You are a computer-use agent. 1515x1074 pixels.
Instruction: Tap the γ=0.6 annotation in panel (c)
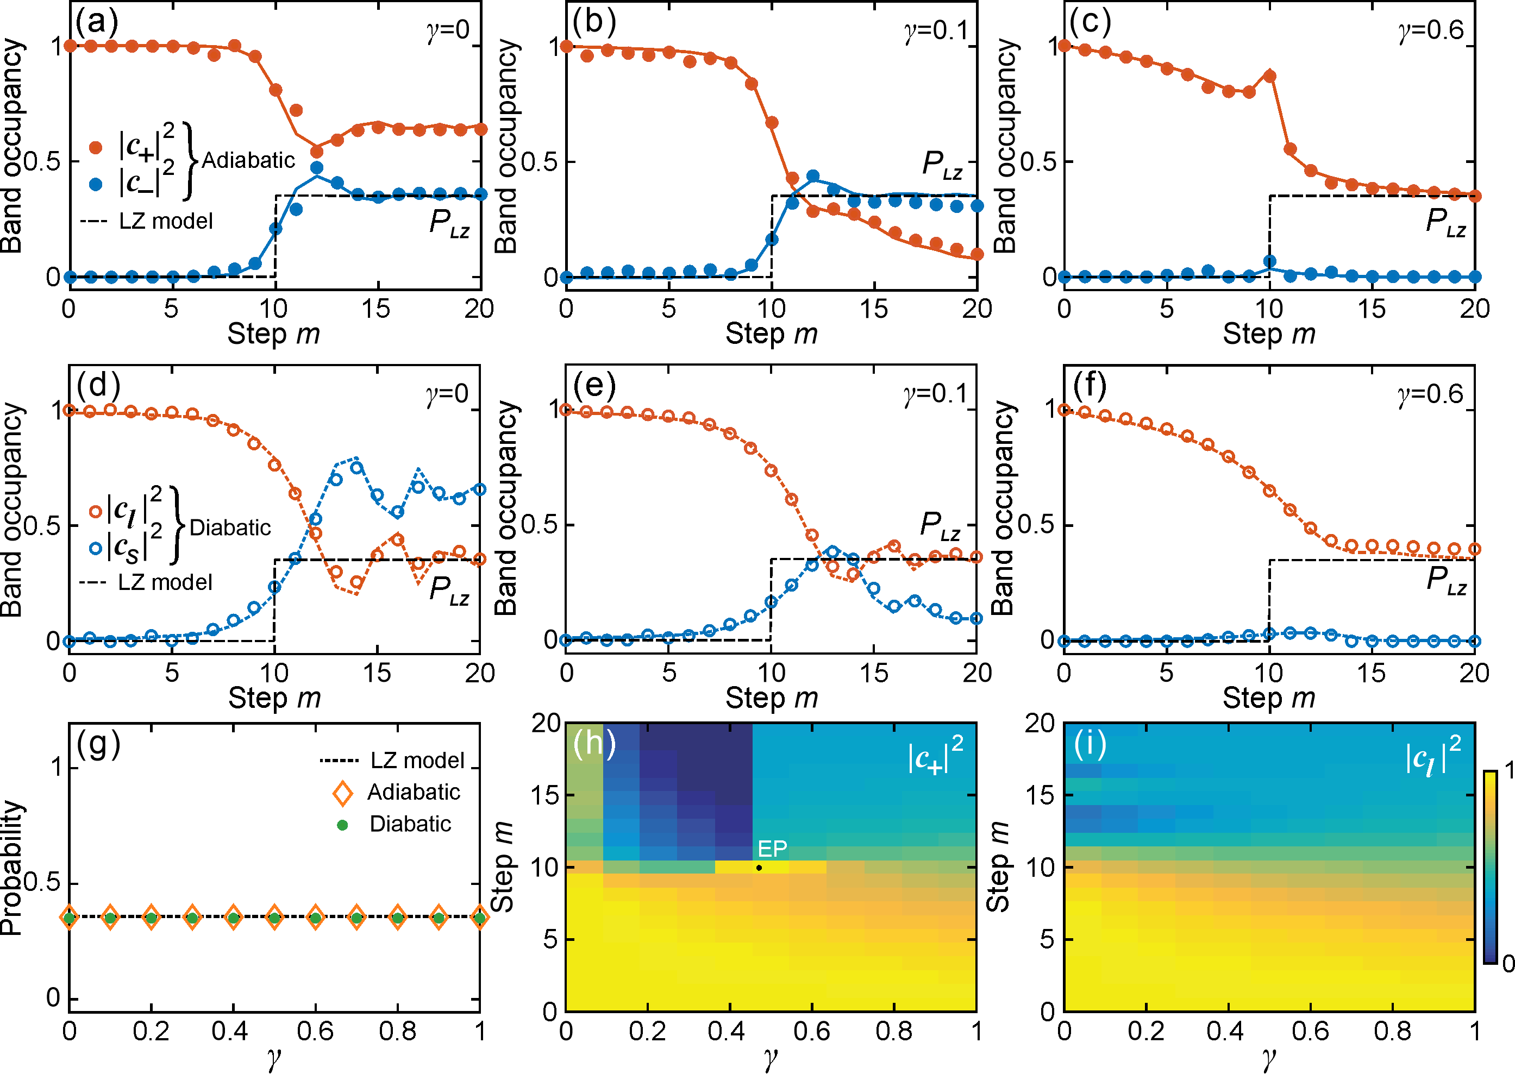pyautogui.click(x=1431, y=30)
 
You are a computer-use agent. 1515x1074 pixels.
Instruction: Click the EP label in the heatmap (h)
pyautogui.click(x=772, y=849)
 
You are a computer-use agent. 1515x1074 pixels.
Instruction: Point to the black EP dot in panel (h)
pyautogui.click(x=759, y=868)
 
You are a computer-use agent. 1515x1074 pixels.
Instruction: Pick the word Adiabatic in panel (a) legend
pyautogui.click(x=248, y=160)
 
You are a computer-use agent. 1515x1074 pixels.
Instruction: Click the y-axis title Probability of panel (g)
pyautogui.click(x=12, y=867)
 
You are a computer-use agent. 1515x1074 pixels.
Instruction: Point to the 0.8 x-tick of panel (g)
pyautogui.click(x=398, y=1031)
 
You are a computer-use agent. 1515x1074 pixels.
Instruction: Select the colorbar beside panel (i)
pyautogui.click(x=1490, y=866)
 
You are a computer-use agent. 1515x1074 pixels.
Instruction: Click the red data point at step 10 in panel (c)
pyautogui.click(x=1269, y=76)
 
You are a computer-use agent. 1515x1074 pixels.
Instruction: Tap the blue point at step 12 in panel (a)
pyautogui.click(x=317, y=167)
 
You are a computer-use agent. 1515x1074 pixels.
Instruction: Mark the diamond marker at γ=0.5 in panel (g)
pyautogui.click(x=274, y=917)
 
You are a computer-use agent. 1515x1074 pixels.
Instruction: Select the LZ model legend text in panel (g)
pyautogui.click(x=417, y=761)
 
